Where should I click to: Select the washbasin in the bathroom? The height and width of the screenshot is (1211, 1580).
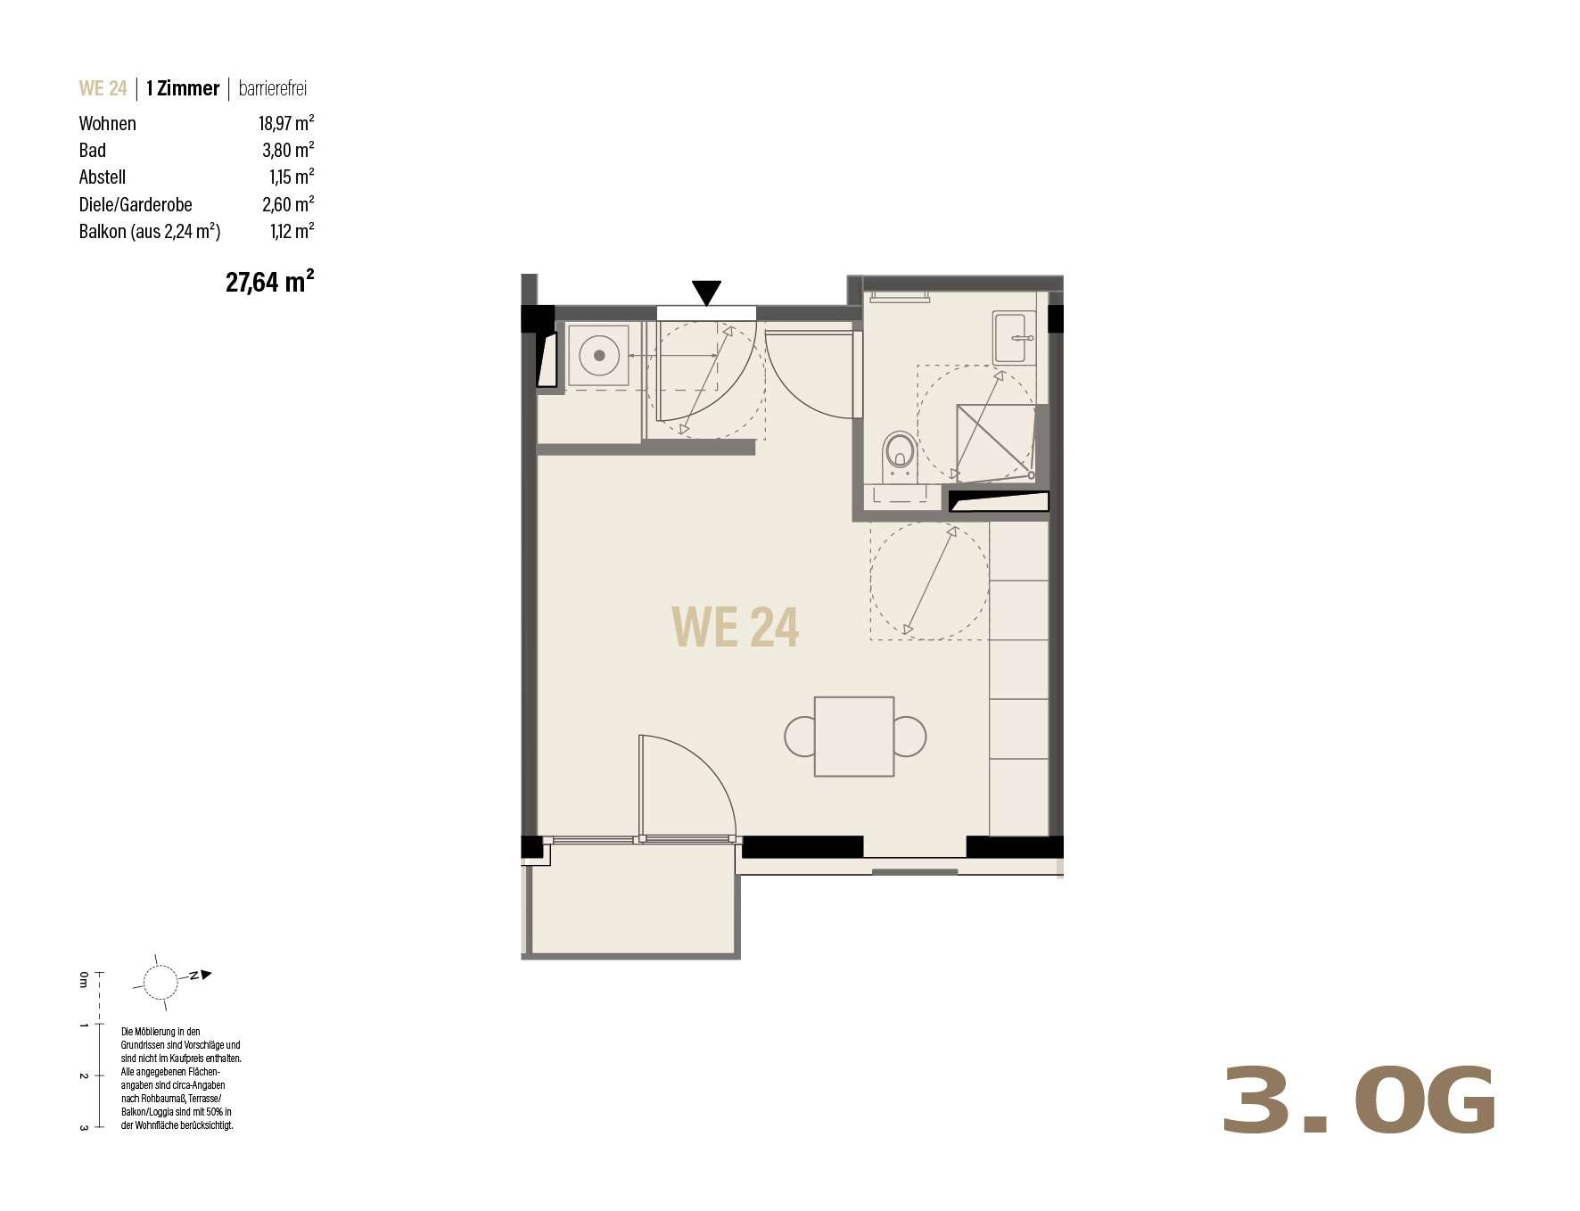(x=1015, y=337)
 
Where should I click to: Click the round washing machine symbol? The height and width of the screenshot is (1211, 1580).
(x=599, y=356)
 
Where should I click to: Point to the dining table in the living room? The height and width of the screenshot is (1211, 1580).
(x=854, y=737)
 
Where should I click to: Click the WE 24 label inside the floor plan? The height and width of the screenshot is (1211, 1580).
(x=735, y=626)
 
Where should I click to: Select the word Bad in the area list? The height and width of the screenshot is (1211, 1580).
(x=93, y=150)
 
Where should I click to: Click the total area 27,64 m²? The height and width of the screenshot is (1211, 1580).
(x=269, y=282)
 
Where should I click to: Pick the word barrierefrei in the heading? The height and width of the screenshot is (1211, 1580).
(x=273, y=88)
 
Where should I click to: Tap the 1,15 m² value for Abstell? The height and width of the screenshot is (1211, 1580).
(x=292, y=177)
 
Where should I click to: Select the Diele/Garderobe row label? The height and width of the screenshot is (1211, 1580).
(x=136, y=204)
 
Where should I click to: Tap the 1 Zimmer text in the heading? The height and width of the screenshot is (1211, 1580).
(x=183, y=88)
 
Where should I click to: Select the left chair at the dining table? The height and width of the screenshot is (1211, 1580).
(x=800, y=737)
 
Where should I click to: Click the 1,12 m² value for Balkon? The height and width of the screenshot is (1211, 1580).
(x=292, y=231)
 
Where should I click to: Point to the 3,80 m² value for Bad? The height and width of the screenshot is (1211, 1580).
(x=288, y=150)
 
